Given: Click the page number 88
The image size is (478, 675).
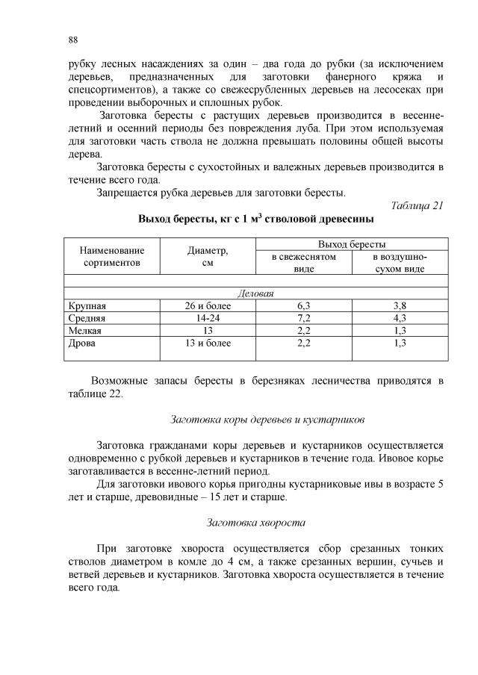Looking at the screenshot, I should pos(72,39).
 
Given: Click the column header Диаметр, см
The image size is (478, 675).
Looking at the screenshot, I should pos(208,257).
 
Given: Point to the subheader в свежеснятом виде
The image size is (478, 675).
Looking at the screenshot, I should pos(302,263).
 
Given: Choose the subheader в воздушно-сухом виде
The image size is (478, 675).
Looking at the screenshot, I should pos(400,263).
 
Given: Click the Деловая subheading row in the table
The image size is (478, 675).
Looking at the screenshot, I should pos(255,293).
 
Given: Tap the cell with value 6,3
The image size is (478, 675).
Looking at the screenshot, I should pos(303,306).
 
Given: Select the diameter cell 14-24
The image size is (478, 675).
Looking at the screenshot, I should pos(208,318).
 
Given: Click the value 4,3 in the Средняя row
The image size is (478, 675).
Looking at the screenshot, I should pos(400,318).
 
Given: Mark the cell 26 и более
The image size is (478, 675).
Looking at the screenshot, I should pos(208,306).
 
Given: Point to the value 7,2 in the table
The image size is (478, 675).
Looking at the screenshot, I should pos(303,318).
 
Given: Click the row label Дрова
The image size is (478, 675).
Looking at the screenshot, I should pos(81,343).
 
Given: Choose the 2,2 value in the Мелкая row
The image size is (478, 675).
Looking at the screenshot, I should pos(303,330).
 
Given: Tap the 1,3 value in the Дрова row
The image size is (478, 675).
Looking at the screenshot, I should pos(400,343).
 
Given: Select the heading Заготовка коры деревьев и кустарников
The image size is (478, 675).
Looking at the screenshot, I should pos(255,419).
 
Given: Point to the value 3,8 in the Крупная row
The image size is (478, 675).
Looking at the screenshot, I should pos(400,306).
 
